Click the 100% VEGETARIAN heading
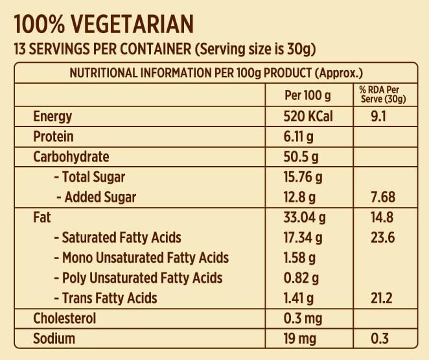coord(104,25)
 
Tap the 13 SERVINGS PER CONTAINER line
coord(165,50)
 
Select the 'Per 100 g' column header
coord(308,96)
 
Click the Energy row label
coord(52,117)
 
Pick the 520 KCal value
coord(308,117)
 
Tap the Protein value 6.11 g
coord(299,137)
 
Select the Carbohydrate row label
coord(71,157)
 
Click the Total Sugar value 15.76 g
coord(303,177)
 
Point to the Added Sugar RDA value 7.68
coord(382,197)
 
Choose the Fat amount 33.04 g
coord(303,218)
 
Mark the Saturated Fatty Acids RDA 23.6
coord(382,238)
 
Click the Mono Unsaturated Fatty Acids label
coord(141,258)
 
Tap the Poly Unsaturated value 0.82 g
coord(300,278)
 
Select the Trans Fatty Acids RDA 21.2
coord(382,298)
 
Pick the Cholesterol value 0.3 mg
coord(303,318)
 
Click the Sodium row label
coord(54,339)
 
